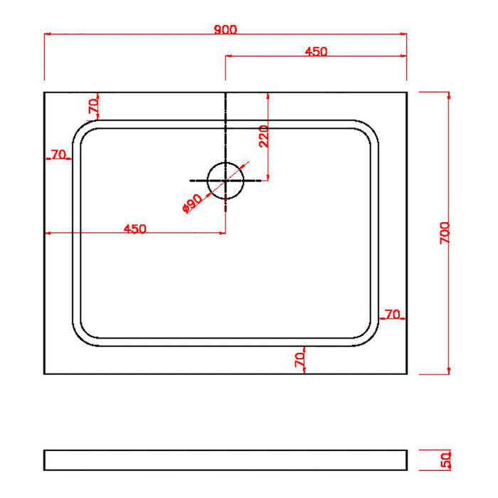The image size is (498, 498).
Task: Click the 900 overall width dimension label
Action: coord(225,29)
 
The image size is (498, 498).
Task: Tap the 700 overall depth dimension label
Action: coord(444,233)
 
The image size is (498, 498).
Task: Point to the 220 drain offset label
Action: coord(263,135)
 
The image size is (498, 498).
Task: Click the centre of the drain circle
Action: coord(226,179)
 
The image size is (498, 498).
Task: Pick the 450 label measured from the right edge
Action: coord(315,51)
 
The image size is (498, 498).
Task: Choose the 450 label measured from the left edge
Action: coord(135,228)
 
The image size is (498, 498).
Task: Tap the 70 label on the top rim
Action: coord(92,106)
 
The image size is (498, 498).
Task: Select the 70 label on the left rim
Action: coord(58,154)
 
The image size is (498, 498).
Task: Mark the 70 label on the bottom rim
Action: coord(300,359)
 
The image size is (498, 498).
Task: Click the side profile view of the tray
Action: coord(225,460)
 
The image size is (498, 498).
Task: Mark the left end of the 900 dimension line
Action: coord(45,33)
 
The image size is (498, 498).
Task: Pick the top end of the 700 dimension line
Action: coord(448,92)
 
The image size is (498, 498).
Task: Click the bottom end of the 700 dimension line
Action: coord(448,373)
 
